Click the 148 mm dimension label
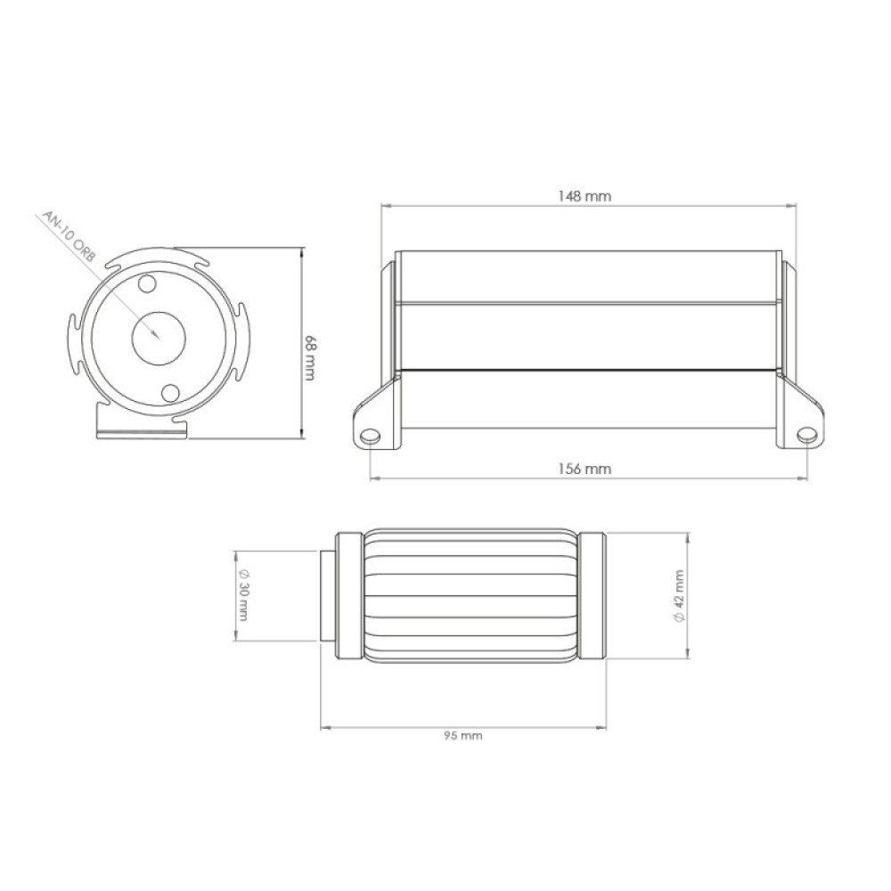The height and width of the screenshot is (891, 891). click(584, 196)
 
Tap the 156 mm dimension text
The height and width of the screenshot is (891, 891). click(584, 469)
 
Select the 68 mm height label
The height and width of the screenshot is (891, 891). click(310, 358)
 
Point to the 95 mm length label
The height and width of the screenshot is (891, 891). click(463, 735)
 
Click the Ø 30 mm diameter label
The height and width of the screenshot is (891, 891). click(244, 594)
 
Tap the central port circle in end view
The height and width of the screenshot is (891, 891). click(159, 339)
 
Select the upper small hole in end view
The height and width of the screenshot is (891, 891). click(147, 283)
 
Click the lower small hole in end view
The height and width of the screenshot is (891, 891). click(170, 393)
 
